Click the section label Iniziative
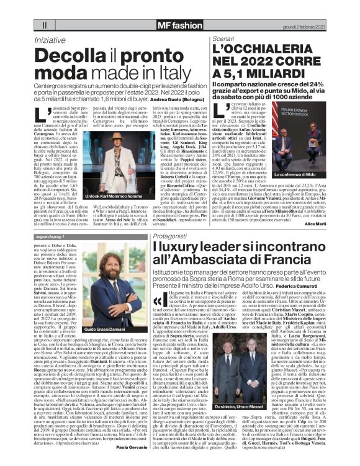coord(50,39)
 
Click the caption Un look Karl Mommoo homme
coord(106,196)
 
